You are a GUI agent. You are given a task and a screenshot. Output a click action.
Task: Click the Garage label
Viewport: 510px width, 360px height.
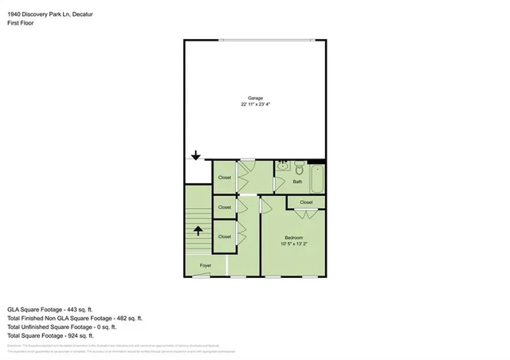[254, 98]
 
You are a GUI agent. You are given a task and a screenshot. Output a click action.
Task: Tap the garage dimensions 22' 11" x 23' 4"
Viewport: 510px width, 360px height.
[254, 104]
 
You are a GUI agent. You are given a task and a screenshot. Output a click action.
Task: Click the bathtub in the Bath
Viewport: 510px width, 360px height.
[316, 179]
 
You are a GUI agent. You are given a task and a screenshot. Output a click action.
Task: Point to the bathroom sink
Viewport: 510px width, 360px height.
[282, 166]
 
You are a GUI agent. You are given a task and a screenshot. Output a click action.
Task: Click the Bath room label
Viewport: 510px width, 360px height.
[297, 182]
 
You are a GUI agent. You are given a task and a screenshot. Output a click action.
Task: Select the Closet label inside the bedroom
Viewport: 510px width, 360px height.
[307, 202]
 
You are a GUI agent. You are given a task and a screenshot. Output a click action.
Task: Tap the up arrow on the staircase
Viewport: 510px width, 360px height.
[198, 232]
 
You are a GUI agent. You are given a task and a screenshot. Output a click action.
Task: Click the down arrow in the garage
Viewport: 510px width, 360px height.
[196, 156]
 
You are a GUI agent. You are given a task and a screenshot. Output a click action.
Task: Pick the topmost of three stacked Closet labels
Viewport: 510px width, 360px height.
[225, 177]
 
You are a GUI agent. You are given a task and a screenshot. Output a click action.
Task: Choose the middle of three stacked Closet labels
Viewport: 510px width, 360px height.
[225, 207]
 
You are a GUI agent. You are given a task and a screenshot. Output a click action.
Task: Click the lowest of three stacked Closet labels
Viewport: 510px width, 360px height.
[225, 237]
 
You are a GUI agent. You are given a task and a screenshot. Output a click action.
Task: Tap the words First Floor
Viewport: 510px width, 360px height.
[21, 23]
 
